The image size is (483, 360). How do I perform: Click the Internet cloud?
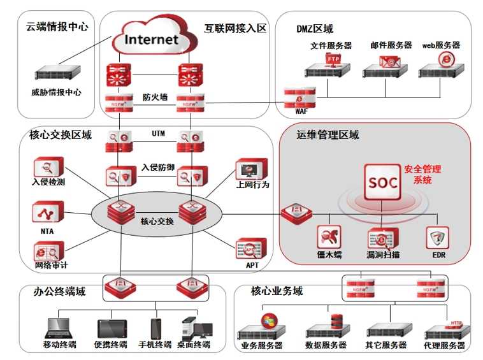(x=151, y=39)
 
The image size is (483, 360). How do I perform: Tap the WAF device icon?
(x=296, y=97)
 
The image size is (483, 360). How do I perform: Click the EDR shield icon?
(x=437, y=238)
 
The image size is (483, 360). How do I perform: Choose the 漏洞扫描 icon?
(x=382, y=239)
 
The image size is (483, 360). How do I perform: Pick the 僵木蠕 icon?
(x=329, y=237)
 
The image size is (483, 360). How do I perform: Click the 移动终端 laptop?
(x=59, y=329)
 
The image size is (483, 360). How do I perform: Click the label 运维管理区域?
(x=328, y=135)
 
